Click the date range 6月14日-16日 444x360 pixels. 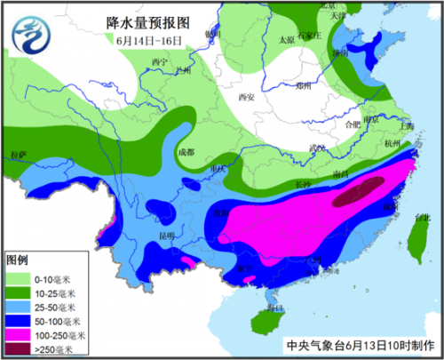[148, 40]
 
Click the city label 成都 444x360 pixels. [185, 151]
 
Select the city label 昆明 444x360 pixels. [166, 236]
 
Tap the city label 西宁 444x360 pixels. [160, 60]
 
